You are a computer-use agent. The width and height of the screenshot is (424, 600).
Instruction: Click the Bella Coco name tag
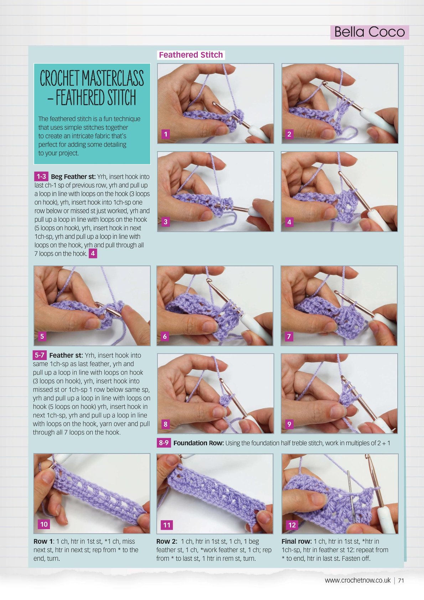pyautogui.click(x=369, y=32)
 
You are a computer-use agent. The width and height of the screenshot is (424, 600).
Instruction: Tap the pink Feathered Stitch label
pyautogui.click(x=191, y=55)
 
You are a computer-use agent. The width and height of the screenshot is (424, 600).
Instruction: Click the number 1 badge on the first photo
pyautogui.click(x=166, y=134)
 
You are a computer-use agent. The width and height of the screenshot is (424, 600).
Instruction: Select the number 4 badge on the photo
pyautogui.click(x=289, y=222)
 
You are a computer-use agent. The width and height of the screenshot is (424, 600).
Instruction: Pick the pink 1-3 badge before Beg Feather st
pyautogui.click(x=41, y=176)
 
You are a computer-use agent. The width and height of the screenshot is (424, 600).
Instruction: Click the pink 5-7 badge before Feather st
pyautogui.click(x=40, y=355)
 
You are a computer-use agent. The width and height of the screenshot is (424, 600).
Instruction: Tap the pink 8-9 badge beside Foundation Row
pyautogui.click(x=164, y=443)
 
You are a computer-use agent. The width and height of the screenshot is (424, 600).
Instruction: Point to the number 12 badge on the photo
pyautogui.click(x=292, y=525)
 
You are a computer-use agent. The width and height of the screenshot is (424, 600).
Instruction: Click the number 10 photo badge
pyautogui.click(x=44, y=524)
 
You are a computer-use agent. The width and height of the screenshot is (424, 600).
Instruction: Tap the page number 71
pyautogui.click(x=401, y=580)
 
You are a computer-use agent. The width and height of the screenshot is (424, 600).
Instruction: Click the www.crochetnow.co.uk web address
pyautogui.click(x=358, y=580)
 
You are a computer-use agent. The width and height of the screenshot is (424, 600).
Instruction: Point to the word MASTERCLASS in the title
pyautogui.click(x=113, y=78)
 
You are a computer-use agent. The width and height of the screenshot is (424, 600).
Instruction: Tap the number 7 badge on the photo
pyautogui.click(x=289, y=336)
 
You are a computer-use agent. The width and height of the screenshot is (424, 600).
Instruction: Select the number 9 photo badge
pyautogui.click(x=289, y=424)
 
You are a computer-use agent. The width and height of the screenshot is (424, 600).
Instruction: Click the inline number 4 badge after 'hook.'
pyautogui.click(x=93, y=253)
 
